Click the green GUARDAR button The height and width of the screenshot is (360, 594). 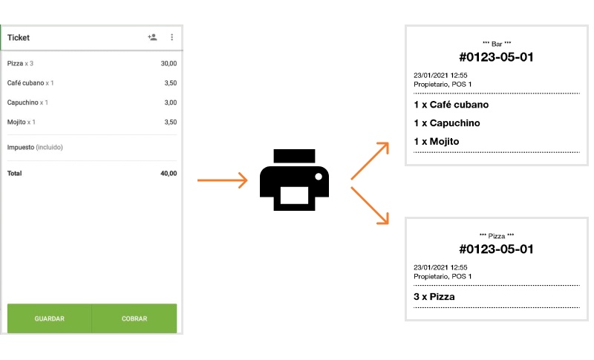click(49, 318)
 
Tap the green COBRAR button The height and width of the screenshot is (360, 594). click(134, 318)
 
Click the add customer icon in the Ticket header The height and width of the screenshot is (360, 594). click(152, 37)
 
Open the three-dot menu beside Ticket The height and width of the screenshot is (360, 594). click(172, 37)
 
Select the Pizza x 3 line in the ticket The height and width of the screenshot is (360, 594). click(21, 63)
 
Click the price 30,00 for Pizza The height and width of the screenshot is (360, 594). click(169, 63)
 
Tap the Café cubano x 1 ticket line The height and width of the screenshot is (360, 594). click(30, 83)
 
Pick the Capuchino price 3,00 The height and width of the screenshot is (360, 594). click(171, 102)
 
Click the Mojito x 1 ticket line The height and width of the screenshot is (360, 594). click(22, 122)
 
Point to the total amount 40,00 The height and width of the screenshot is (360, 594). click(169, 174)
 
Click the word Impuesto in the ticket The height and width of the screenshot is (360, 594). click(21, 147)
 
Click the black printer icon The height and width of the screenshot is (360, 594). click(294, 180)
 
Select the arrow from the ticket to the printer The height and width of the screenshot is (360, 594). click(222, 180)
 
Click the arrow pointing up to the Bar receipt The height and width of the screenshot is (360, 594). click(370, 161)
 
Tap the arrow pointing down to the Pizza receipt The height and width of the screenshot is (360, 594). click(370, 206)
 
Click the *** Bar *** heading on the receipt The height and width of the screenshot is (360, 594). click(497, 44)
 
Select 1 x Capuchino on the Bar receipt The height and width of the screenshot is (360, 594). click(447, 123)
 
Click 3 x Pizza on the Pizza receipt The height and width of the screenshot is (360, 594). click(434, 297)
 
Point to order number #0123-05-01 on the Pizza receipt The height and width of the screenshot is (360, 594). click(496, 249)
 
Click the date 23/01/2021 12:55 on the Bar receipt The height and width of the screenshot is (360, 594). click(440, 75)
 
